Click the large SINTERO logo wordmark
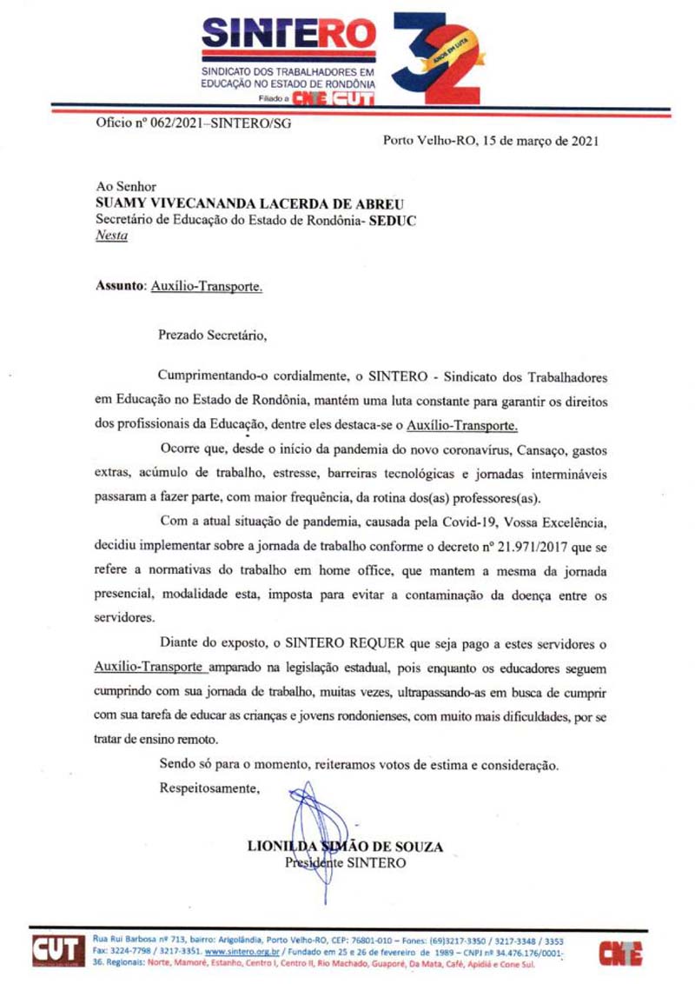pyautogui.click(x=288, y=36)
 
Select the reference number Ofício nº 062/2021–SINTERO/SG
pyautogui.click(x=193, y=123)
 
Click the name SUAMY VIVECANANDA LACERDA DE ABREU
pyautogui.click(x=250, y=203)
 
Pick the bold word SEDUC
pyautogui.click(x=392, y=221)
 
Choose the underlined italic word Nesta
pyautogui.click(x=111, y=237)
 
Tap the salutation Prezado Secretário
pyautogui.click(x=210, y=333)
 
